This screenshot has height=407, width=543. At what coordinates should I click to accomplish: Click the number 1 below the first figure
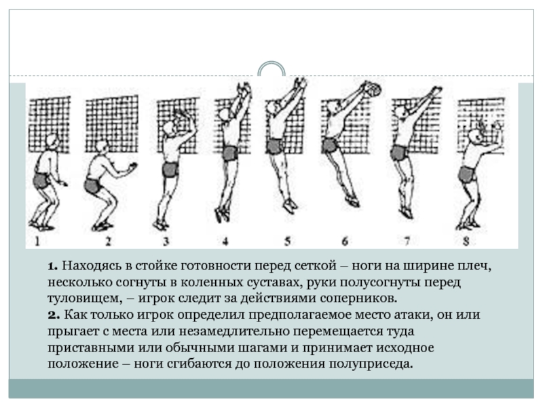tap(37, 241)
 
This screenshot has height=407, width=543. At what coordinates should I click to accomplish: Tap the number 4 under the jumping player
tap(225, 241)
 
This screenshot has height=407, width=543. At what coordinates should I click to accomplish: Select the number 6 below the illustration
tap(345, 241)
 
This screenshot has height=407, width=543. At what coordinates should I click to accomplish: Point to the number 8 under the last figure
tap(466, 241)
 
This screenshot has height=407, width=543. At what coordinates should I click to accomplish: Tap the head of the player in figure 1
tap(52, 141)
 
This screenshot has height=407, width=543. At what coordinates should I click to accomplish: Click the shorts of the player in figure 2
tap(93, 186)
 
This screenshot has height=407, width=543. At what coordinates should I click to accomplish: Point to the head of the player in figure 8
tap(474, 136)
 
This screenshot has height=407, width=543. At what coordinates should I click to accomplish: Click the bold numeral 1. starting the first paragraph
tap(53, 267)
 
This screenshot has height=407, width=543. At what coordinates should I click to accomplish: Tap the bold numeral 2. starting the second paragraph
tap(54, 315)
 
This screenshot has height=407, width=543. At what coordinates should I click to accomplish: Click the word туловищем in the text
tap(85, 298)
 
